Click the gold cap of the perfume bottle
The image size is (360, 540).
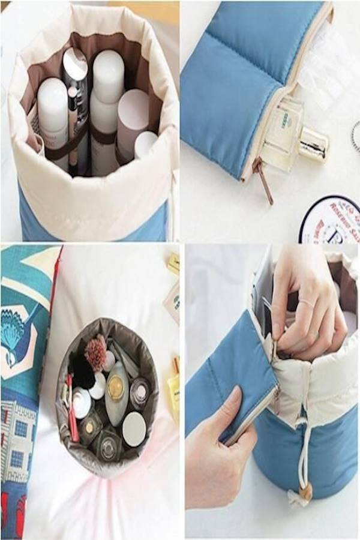pyautogui.click(x=313, y=144)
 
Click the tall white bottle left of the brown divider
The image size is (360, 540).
pyautogui.click(x=53, y=114)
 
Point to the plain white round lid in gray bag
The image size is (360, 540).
pyautogui.click(x=134, y=428)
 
